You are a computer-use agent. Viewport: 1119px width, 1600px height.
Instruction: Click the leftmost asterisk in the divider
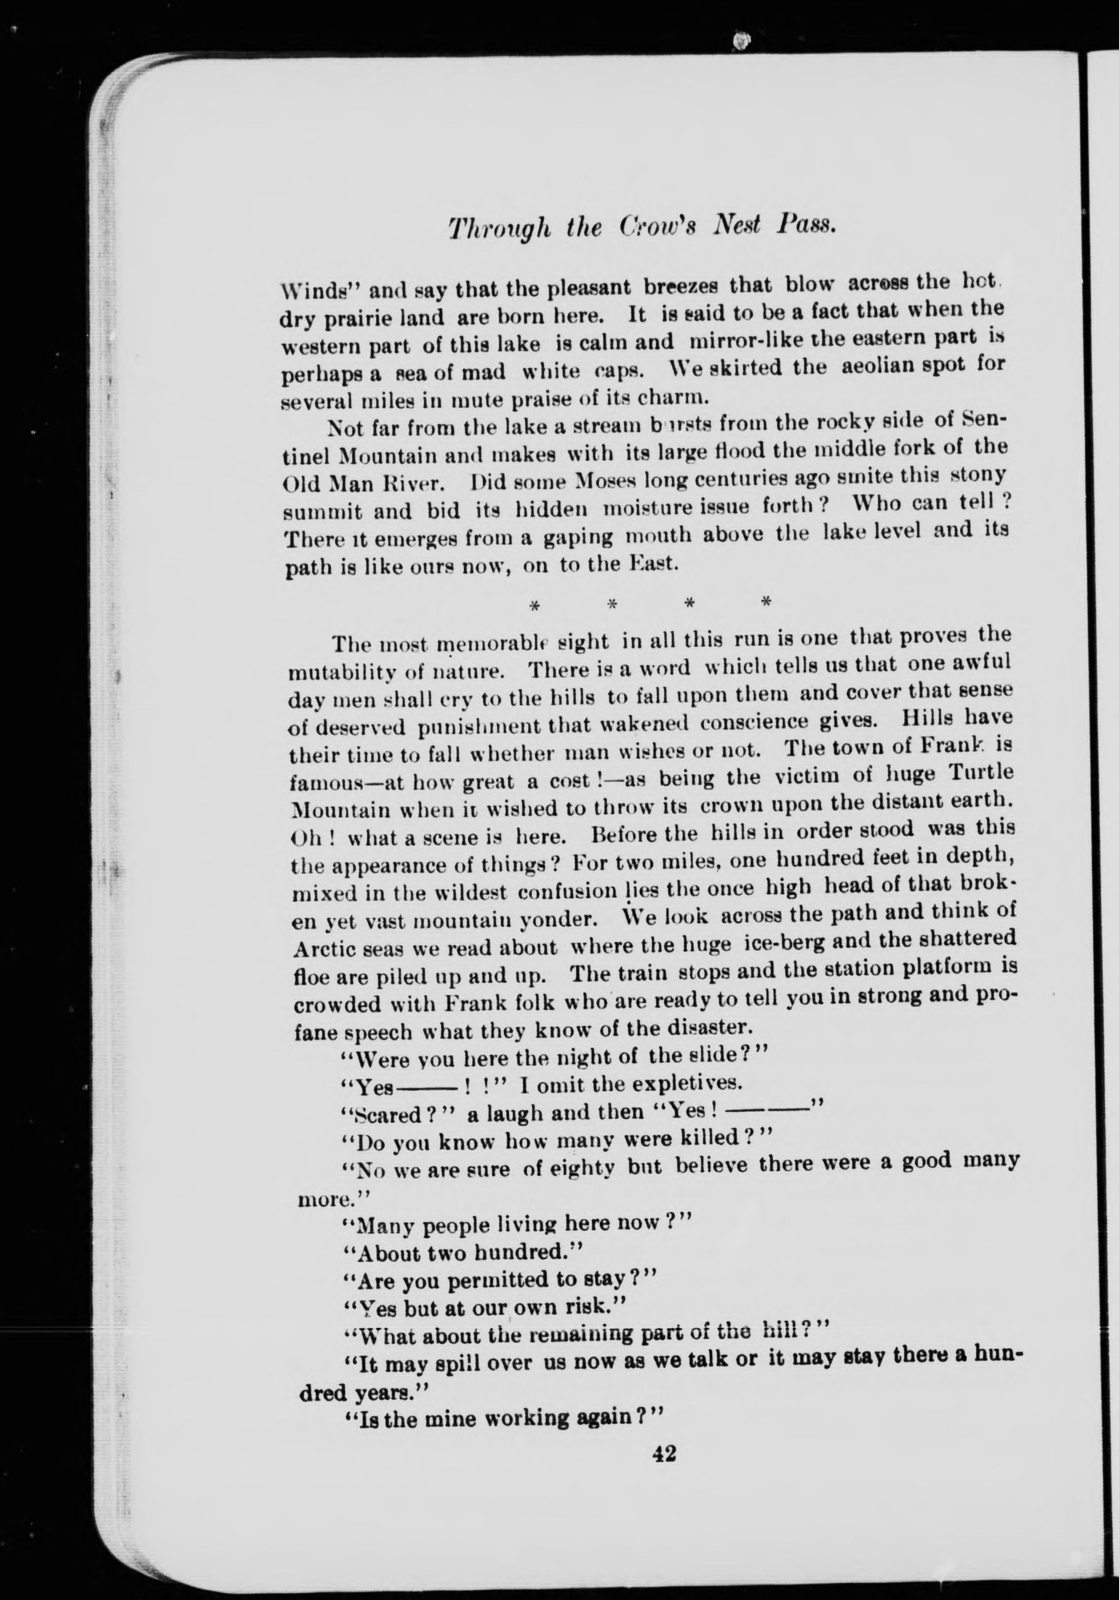tap(535, 605)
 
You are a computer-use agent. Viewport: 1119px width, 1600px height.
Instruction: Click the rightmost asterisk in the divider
tap(766, 601)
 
